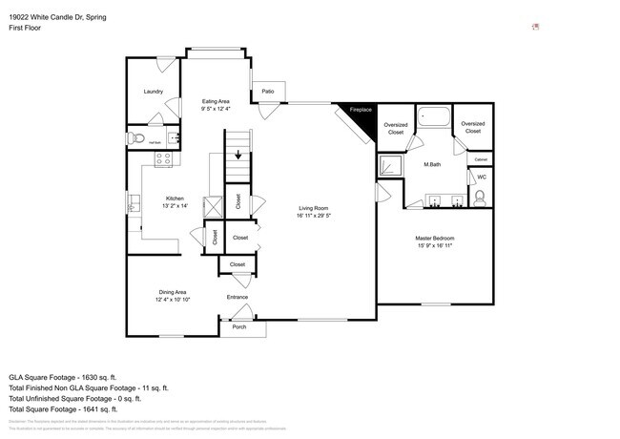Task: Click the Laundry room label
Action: pos(153,92)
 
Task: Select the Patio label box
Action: pos(268,92)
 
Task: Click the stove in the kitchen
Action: pos(163,159)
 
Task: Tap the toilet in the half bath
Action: pos(136,139)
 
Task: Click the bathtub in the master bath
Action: pos(434,119)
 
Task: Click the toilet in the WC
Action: pos(480,198)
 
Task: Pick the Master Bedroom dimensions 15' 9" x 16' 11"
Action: pos(434,245)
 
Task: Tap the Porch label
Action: pos(238,327)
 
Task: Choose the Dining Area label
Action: pos(173,292)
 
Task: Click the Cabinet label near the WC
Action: pos(481,158)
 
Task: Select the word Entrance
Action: pos(238,297)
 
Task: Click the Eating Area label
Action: pos(216,101)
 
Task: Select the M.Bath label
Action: pos(432,164)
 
